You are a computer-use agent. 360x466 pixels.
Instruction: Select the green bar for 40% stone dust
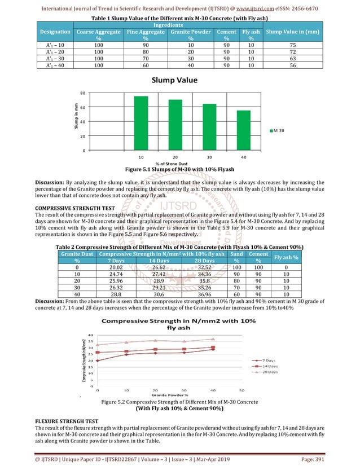243,130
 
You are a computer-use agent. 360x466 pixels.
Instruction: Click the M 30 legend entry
277,131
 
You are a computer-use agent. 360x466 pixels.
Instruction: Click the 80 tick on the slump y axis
82,93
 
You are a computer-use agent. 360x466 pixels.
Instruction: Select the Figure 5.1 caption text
179,169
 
